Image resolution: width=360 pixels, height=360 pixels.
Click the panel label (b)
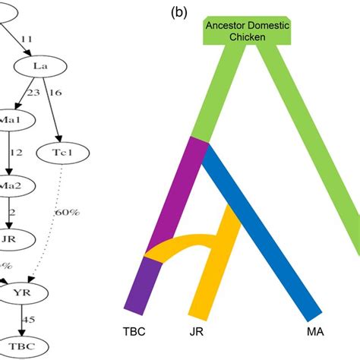[182, 12]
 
